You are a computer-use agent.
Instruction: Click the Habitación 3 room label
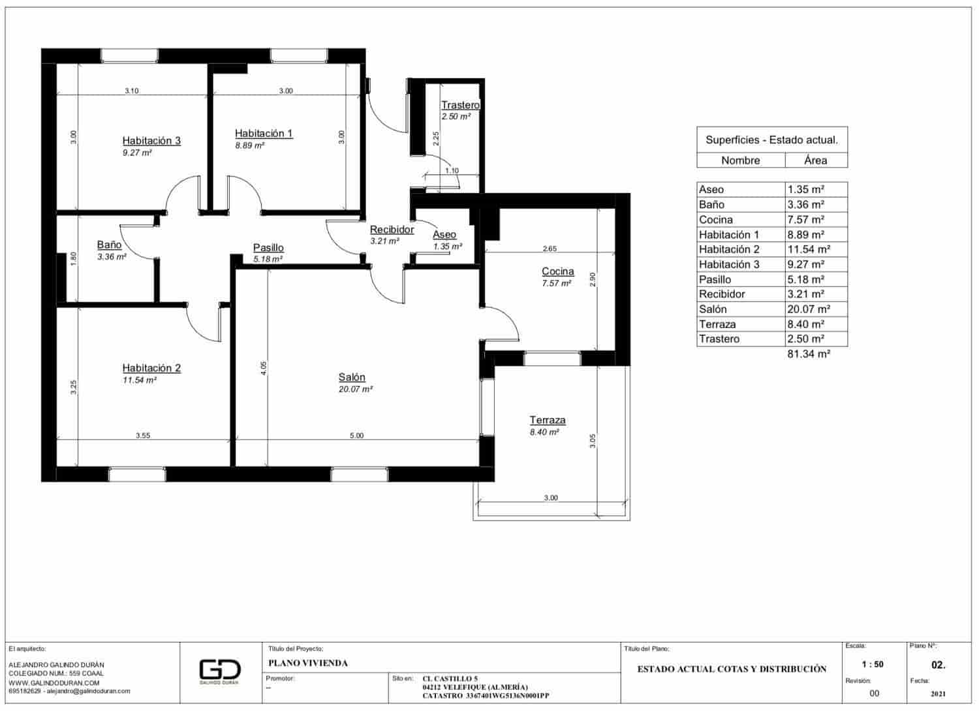click(151, 141)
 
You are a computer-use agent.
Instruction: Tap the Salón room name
click(352, 377)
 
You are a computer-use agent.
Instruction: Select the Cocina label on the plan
click(558, 271)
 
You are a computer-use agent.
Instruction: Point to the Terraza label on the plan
click(548, 420)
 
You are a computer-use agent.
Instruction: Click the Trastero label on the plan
click(460, 105)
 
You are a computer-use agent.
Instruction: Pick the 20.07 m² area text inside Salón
click(356, 389)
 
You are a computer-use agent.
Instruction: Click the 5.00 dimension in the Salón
click(356, 436)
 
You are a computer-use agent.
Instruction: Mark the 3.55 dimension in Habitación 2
click(143, 436)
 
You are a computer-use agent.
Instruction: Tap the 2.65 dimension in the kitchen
click(550, 249)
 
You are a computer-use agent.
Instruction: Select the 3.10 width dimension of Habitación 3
click(132, 91)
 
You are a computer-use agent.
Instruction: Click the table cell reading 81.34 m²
click(809, 354)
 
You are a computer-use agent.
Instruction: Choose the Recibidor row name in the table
click(722, 294)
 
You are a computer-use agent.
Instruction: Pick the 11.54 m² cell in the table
click(809, 249)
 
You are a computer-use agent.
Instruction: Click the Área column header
click(815, 160)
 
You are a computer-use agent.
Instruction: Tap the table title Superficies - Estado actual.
click(771, 140)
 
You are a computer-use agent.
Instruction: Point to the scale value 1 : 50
click(873, 665)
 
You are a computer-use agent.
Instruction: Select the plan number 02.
click(938, 665)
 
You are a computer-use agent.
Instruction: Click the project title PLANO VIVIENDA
click(308, 663)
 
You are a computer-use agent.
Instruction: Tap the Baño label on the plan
click(109, 245)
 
